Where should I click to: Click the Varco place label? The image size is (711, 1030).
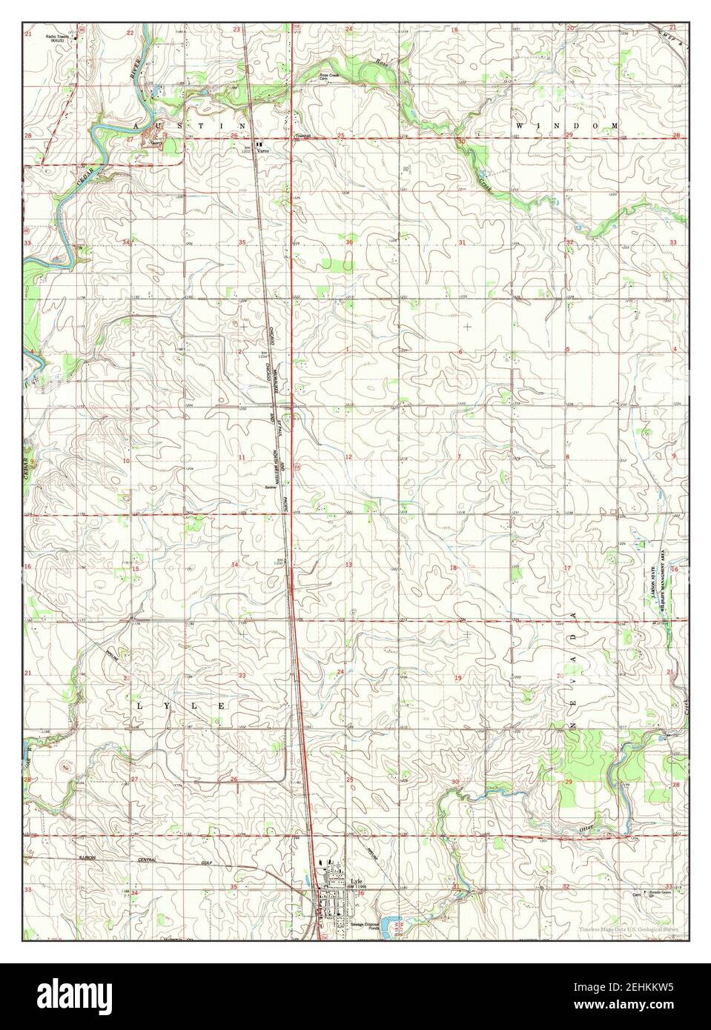(262, 151)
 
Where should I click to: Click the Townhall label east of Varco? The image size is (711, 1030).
(301, 136)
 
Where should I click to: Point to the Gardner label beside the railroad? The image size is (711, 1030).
(271, 487)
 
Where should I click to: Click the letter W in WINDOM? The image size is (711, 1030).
(519, 127)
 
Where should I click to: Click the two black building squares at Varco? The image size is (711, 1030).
(258, 144)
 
